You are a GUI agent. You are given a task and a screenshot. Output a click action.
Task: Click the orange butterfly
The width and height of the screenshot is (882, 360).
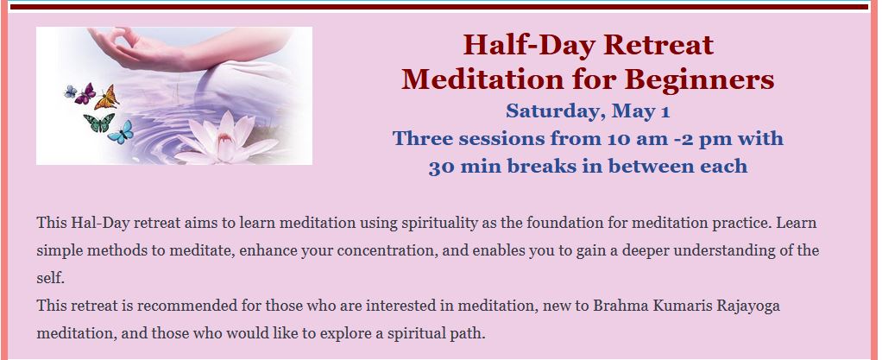click(x=106, y=98)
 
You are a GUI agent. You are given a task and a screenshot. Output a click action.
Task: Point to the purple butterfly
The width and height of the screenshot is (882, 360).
click(x=85, y=93)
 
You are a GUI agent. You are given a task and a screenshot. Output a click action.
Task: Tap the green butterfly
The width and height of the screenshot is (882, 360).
click(x=98, y=123)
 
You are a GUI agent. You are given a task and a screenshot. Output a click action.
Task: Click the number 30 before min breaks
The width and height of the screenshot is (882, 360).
click(x=440, y=167)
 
